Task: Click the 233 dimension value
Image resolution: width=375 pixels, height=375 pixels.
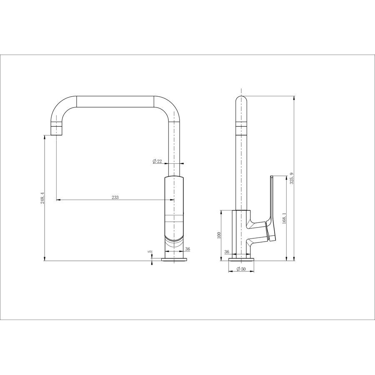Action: pos(115,197)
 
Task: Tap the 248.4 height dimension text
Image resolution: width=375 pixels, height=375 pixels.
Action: pos(42,198)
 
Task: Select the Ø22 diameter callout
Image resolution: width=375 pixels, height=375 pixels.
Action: pos(157,161)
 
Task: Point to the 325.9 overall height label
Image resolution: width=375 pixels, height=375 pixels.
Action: pos(291,178)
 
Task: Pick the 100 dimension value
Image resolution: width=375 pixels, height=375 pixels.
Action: pos(218,235)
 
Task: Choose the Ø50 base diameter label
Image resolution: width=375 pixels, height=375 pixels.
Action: pos(241,269)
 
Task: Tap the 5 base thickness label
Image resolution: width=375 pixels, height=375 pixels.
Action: pos(150,252)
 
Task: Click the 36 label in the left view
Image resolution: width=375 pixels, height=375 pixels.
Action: pos(187,249)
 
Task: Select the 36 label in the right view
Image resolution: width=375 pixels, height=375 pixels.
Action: pos(227,252)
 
